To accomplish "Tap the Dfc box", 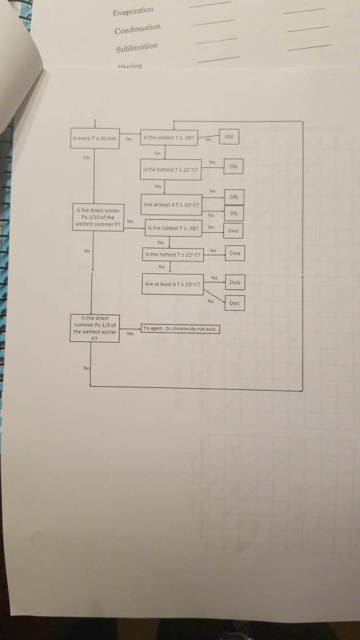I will (x=235, y=213).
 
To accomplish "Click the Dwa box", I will (x=235, y=253).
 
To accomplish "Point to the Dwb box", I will (x=235, y=282).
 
